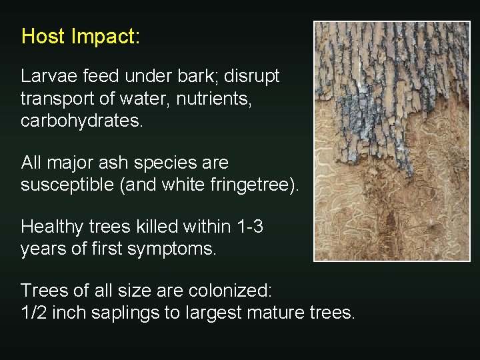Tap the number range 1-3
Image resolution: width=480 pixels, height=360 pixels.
point(250,227)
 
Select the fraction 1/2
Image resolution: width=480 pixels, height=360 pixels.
point(33,313)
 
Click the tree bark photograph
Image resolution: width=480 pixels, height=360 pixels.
point(392,141)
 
